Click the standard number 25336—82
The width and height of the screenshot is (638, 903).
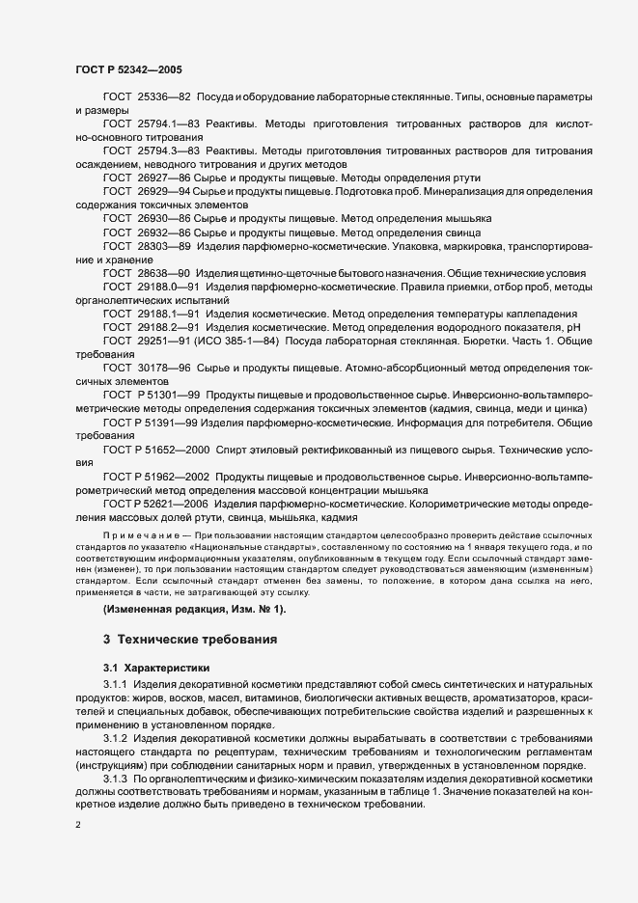point(165,98)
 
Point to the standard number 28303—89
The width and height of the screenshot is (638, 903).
point(165,247)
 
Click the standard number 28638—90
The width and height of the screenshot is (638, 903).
point(165,274)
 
